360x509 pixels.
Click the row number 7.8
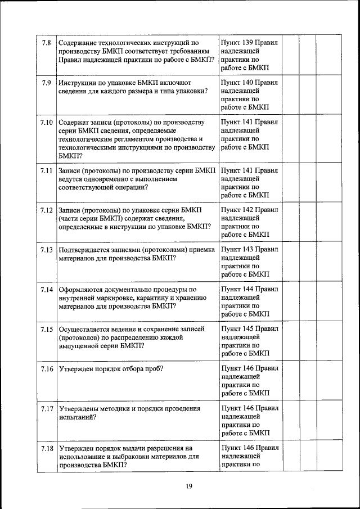[47, 43]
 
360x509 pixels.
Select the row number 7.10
[47, 122]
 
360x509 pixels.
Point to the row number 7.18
[47, 448]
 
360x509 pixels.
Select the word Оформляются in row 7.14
[81, 289]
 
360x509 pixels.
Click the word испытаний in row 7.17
[76, 417]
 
